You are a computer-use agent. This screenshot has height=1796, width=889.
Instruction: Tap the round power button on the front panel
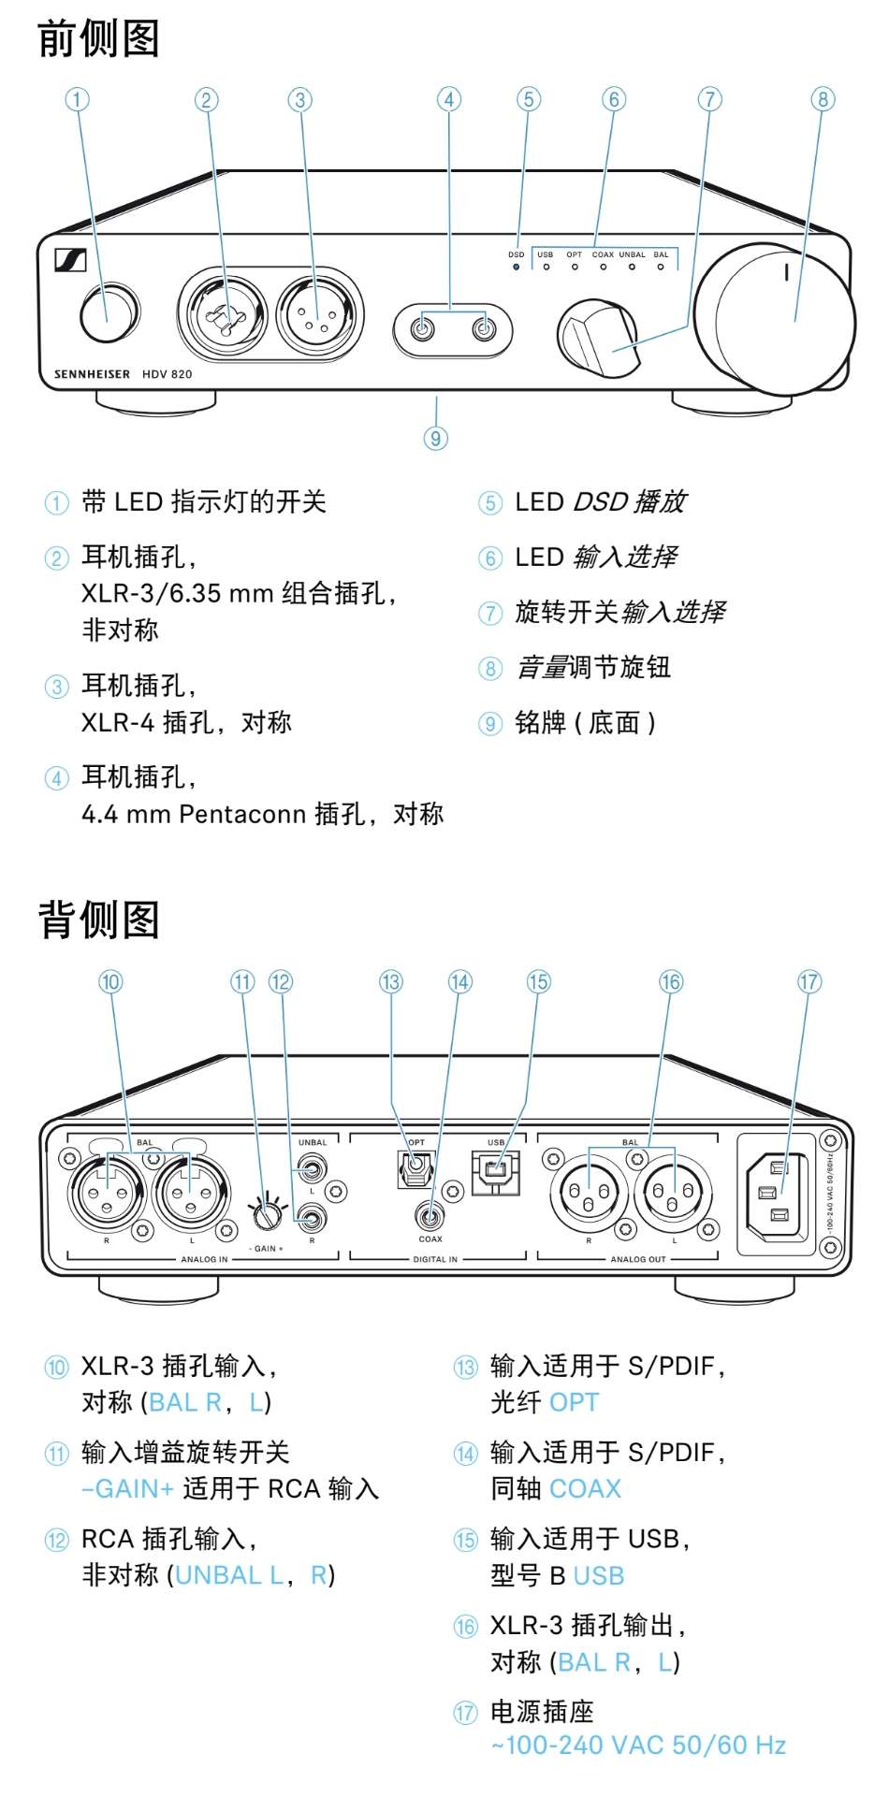click(x=107, y=314)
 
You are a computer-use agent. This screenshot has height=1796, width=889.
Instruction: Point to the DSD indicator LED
click(x=516, y=268)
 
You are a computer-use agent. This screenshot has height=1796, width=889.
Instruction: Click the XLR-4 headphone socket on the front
click(x=320, y=312)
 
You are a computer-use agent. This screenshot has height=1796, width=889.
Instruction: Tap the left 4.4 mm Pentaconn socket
click(x=424, y=328)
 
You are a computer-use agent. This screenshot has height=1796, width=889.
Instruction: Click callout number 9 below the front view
click(x=435, y=438)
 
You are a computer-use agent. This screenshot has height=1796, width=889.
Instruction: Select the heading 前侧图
click(x=98, y=39)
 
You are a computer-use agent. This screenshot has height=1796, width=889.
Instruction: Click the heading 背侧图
click(x=98, y=920)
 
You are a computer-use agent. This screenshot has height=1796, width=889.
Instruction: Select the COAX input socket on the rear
click(x=430, y=1217)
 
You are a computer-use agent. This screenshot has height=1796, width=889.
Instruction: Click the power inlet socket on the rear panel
click(x=777, y=1193)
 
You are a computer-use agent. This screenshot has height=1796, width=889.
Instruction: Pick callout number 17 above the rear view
click(x=809, y=982)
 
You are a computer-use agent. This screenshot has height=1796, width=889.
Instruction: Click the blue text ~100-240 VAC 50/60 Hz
click(x=638, y=1745)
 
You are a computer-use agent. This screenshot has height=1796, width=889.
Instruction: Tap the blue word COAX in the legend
click(x=585, y=1489)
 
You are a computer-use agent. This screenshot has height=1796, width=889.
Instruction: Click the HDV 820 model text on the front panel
click(x=167, y=374)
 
